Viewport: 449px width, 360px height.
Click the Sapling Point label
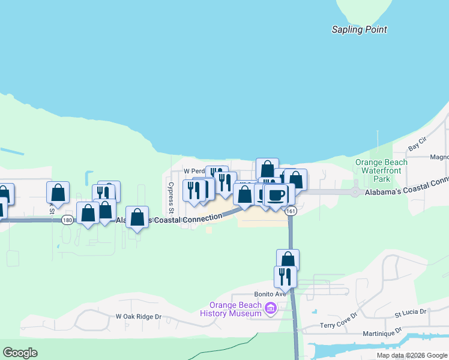pyautogui.click(x=360, y=29)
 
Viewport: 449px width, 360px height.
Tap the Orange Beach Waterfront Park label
pyautogui.click(x=381, y=170)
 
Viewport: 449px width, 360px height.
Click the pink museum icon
pyautogui.click(x=270, y=309)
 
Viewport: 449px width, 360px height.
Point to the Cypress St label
pyautogui.click(x=171, y=198)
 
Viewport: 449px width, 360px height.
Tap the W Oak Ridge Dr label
pyautogui.click(x=139, y=316)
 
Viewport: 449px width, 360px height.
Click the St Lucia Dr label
pyautogui.click(x=410, y=313)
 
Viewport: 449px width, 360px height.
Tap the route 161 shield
pyautogui.click(x=291, y=211)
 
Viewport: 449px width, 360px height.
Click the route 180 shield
pyautogui.click(x=67, y=220)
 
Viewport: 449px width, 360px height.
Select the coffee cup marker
pyautogui.click(x=277, y=195)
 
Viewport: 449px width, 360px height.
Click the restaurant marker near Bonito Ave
pyautogui.click(x=285, y=277)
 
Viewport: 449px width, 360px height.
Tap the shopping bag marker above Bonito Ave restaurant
pyautogui.click(x=288, y=259)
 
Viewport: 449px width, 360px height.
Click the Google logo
pyautogui.click(x=20, y=353)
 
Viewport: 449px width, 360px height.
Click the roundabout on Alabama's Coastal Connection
pyautogui.click(x=355, y=193)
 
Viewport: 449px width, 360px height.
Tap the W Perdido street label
pyautogui.click(x=194, y=171)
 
